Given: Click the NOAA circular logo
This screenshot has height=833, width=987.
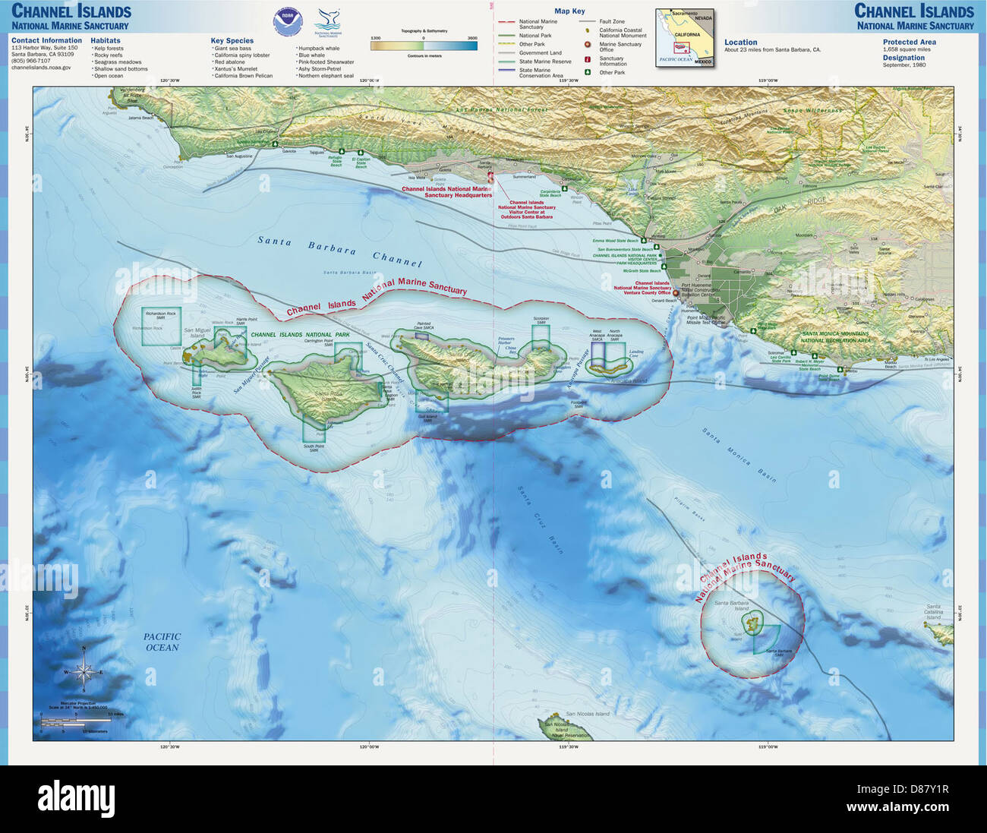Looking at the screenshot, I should pyautogui.click(x=287, y=23).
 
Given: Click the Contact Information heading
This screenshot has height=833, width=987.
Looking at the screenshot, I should pyautogui.click(x=46, y=41).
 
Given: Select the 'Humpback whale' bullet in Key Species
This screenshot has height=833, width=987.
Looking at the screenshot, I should pyautogui.click(x=319, y=49).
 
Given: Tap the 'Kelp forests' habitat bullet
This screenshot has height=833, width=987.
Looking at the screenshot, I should pyautogui.click(x=108, y=49).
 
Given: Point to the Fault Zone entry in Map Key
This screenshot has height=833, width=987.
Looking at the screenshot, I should pyautogui.click(x=611, y=22).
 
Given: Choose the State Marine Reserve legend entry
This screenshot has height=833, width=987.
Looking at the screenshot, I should pyautogui.click(x=544, y=62).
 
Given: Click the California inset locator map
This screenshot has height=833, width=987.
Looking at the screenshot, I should pyautogui.click(x=685, y=38).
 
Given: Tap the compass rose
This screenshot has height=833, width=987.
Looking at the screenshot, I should pyautogui.click(x=84, y=671).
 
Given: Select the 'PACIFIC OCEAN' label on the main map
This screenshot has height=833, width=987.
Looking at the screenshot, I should pyautogui.click(x=162, y=642).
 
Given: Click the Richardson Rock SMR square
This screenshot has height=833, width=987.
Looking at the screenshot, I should pyautogui.click(x=162, y=327).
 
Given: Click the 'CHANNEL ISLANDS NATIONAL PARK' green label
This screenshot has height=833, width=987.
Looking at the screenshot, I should pyautogui.click(x=300, y=335).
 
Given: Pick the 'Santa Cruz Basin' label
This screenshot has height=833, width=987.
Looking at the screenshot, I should pyautogui.click(x=540, y=519).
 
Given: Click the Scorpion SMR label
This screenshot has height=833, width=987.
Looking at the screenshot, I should pyautogui.click(x=541, y=320).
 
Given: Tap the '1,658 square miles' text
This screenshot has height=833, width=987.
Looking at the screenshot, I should pyautogui.click(x=906, y=49).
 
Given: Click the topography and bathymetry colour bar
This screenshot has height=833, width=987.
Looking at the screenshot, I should pyautogui.click(x=424, y=46).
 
